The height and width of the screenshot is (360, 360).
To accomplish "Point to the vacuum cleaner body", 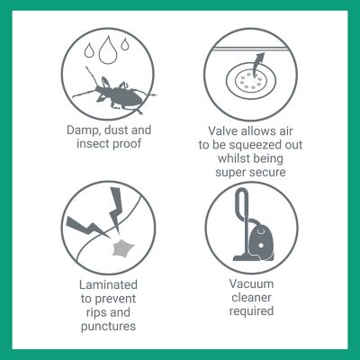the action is pos(260,240).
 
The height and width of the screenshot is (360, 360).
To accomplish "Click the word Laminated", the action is pos(108,284).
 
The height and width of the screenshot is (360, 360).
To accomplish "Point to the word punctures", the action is pos(108,327).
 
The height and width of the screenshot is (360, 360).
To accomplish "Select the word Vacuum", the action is pos(251,283).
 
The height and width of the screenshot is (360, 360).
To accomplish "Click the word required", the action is pos(251,311).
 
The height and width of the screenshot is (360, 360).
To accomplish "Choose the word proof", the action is pos(127,144).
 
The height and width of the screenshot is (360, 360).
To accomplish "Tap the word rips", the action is pos(96,312).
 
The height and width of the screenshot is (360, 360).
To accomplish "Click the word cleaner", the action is pos(251,298).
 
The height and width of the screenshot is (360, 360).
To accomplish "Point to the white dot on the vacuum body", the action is pos(261,246).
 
